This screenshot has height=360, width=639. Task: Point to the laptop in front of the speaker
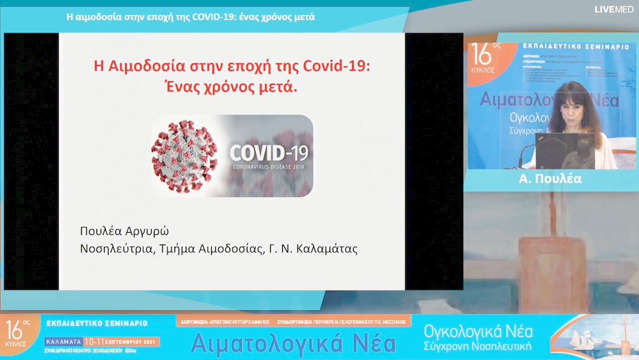565,151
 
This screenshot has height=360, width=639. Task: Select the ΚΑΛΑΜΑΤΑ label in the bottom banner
63,342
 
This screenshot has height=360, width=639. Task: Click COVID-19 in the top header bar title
212,17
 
